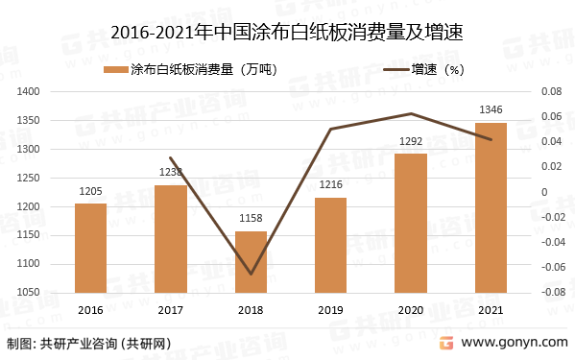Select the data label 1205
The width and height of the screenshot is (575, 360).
(90, 192)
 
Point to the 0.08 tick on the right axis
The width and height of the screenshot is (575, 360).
(551, 91)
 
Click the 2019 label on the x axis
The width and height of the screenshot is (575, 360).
(331, 309)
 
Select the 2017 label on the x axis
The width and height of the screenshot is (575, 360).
(171, 309)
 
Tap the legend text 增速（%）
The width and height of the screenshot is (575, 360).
(438, 69)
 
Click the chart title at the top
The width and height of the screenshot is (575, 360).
(287, 34)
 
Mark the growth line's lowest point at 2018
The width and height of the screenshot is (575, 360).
(251, 274)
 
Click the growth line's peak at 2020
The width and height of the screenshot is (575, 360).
(411, 113)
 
